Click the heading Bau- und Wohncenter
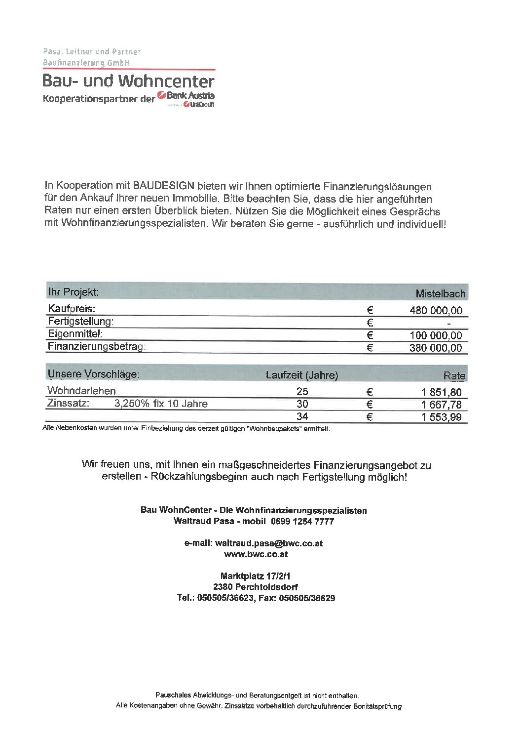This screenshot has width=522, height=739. pos(128,81)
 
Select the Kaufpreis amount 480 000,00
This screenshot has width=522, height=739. pos(436,311)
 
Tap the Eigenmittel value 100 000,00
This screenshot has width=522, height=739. pos(436,335)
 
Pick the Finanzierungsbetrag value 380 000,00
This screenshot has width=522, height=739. pos(436,348)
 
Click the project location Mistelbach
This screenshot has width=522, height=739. pos(440,294)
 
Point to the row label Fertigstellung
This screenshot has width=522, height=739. pos(80,322)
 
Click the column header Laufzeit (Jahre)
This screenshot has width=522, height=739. pos(301,375)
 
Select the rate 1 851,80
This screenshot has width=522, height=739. pos(441,392)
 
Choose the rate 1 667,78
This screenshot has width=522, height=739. pos(441,405)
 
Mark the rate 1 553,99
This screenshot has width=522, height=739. pos(441,417)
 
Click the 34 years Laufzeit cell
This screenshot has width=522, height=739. pos(302,416)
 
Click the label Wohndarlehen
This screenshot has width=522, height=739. pos(81,391)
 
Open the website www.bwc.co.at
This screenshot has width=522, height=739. pos(256,554)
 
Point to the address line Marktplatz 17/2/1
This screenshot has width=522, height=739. pos(255,576)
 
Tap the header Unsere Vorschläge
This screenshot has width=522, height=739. pos(93,374)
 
